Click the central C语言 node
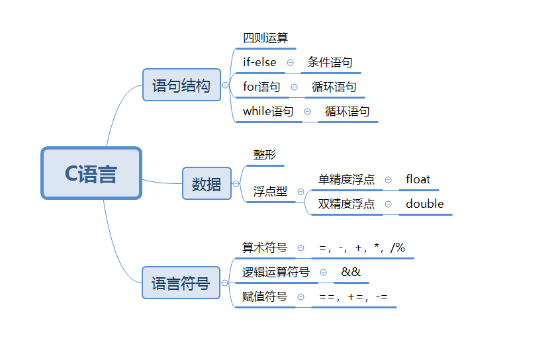[x=91, y=173]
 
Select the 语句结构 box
[x=181, y=85]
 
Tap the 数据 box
[x=207, y=184]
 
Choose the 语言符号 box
[x=181, y=283]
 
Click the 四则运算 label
[x=265, y=38]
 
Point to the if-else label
[x=259, y=62]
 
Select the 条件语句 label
[x=330, y=62]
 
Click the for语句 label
[x=261, y=87]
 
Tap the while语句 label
[x=268, y=111]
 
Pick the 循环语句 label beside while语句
[x=347, y=111]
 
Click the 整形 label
[x=265, y=155]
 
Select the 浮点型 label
[x=270, y=191]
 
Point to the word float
[x=418, y=179]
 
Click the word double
[x=425, y=204]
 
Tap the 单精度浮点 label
[x=346, y=179]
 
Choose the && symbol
[x=351, y=272]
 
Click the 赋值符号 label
[x=265, y=296]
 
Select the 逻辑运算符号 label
[x=276, y=272]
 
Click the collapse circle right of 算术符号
[x=301, y=247]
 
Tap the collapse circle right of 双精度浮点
[x=388, y=204]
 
